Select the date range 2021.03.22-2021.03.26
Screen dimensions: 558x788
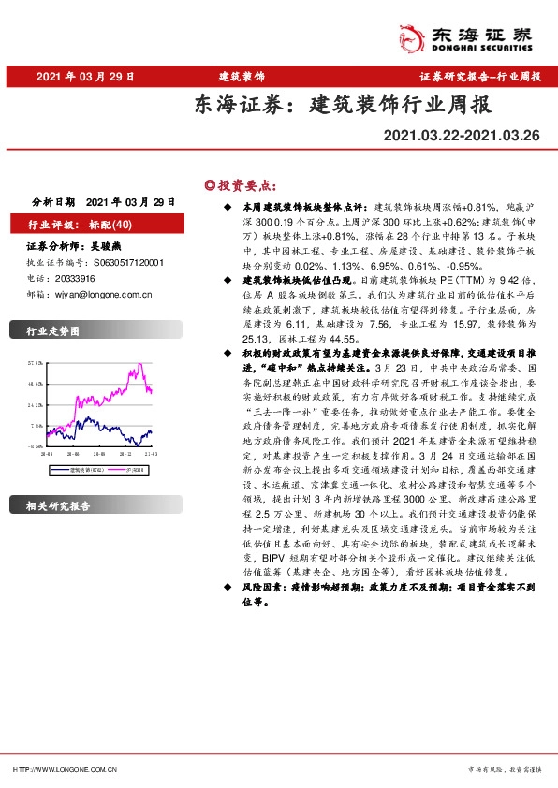[462, 137]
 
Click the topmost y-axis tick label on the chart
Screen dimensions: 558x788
[37, 361]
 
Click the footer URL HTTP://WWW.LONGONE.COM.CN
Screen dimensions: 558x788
[64, 769]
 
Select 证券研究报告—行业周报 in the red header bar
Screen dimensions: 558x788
[478, 76]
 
